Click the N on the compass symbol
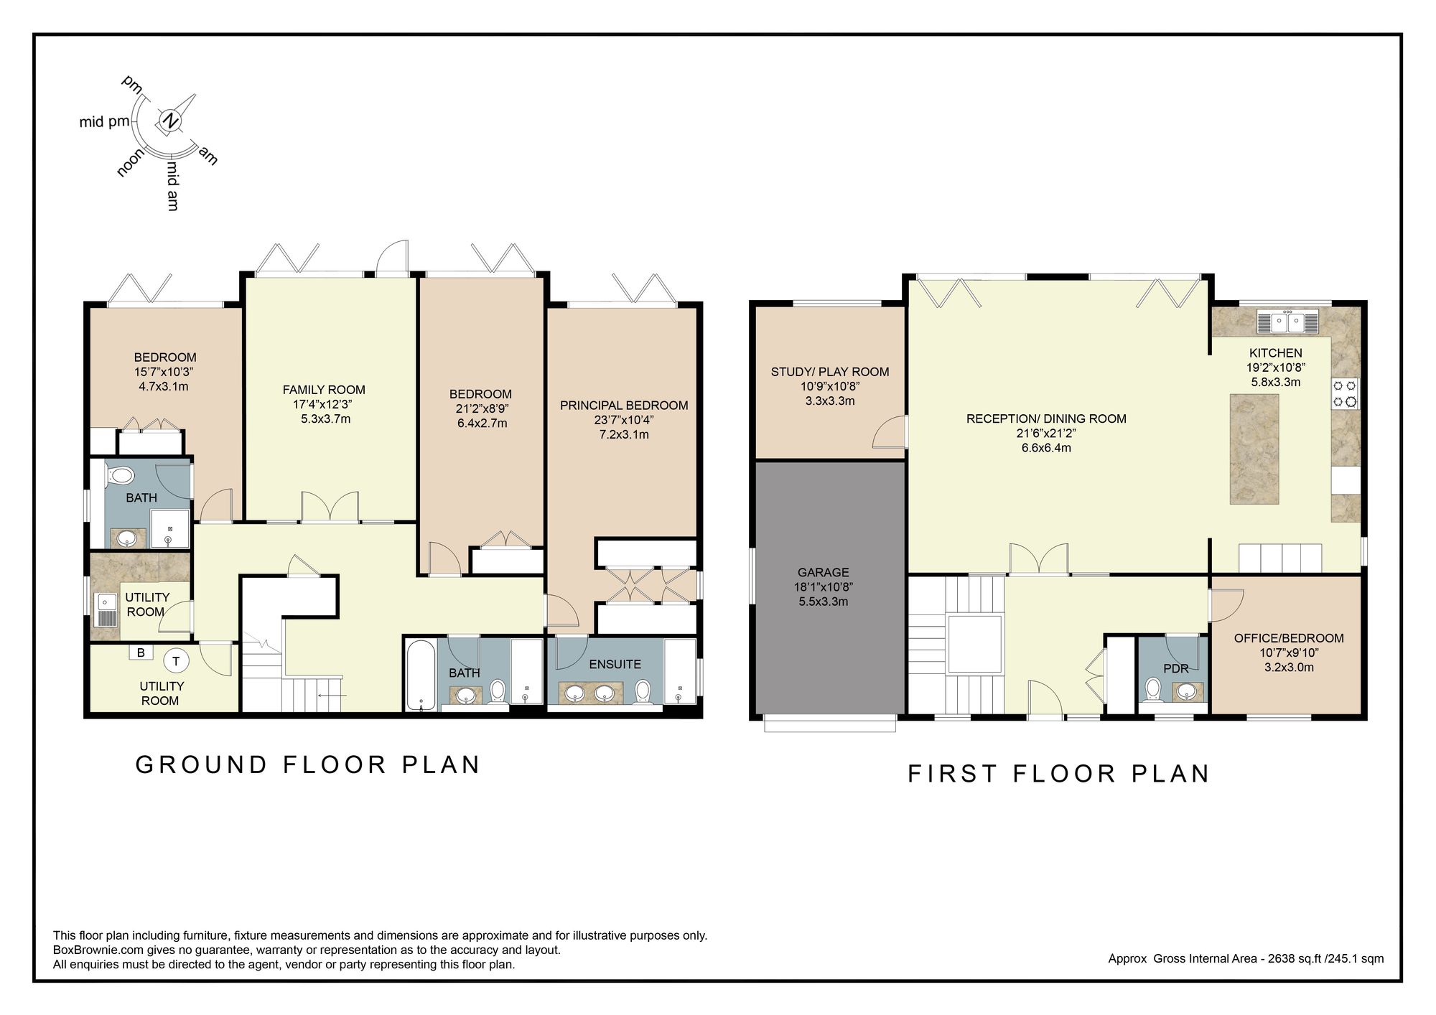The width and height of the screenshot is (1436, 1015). tap(170, 121)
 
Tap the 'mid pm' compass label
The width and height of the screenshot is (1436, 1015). tap(104, 122)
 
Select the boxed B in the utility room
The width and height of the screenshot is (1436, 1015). tap(141, 652)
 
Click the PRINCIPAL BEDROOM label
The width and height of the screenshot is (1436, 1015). tap(624, 406)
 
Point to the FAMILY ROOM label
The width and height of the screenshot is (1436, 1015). tap(324, 390)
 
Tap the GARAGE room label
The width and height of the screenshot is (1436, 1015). tap(823, 572)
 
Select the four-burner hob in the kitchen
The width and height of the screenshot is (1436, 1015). tap(1346, 393)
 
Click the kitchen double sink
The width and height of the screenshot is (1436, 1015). tap(1288, 322)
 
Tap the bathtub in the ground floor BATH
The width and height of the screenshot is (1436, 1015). tap(419, 675)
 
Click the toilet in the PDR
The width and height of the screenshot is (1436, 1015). tap(1154, 691)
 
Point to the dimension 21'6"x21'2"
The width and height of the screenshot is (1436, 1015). tap(1046, 434)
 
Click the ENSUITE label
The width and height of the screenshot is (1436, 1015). tap(615, 664)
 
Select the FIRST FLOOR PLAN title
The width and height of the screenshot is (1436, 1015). tap(1059, 774)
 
